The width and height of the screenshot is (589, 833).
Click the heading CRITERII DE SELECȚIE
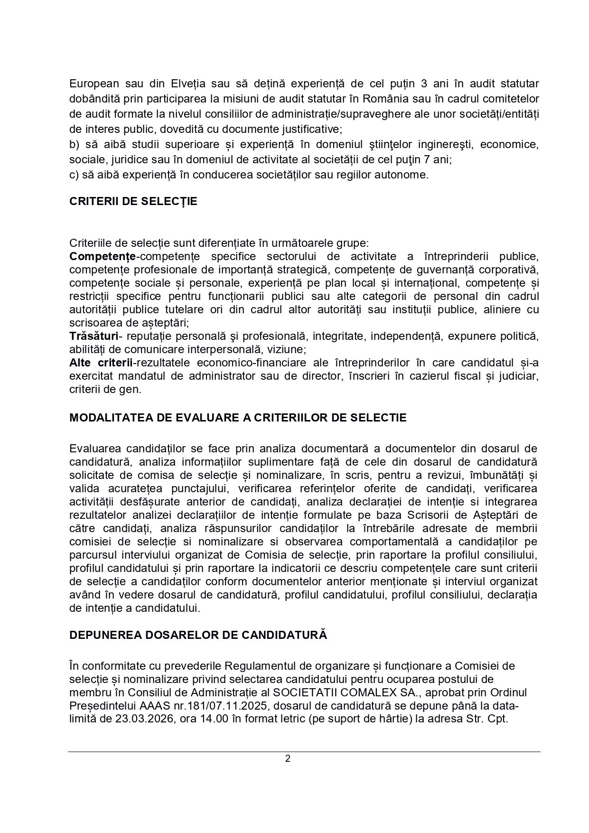[133, 201]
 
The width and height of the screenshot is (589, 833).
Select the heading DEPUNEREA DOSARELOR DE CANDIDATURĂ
[198, 635]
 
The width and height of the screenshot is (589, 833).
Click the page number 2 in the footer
[288, 758]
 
